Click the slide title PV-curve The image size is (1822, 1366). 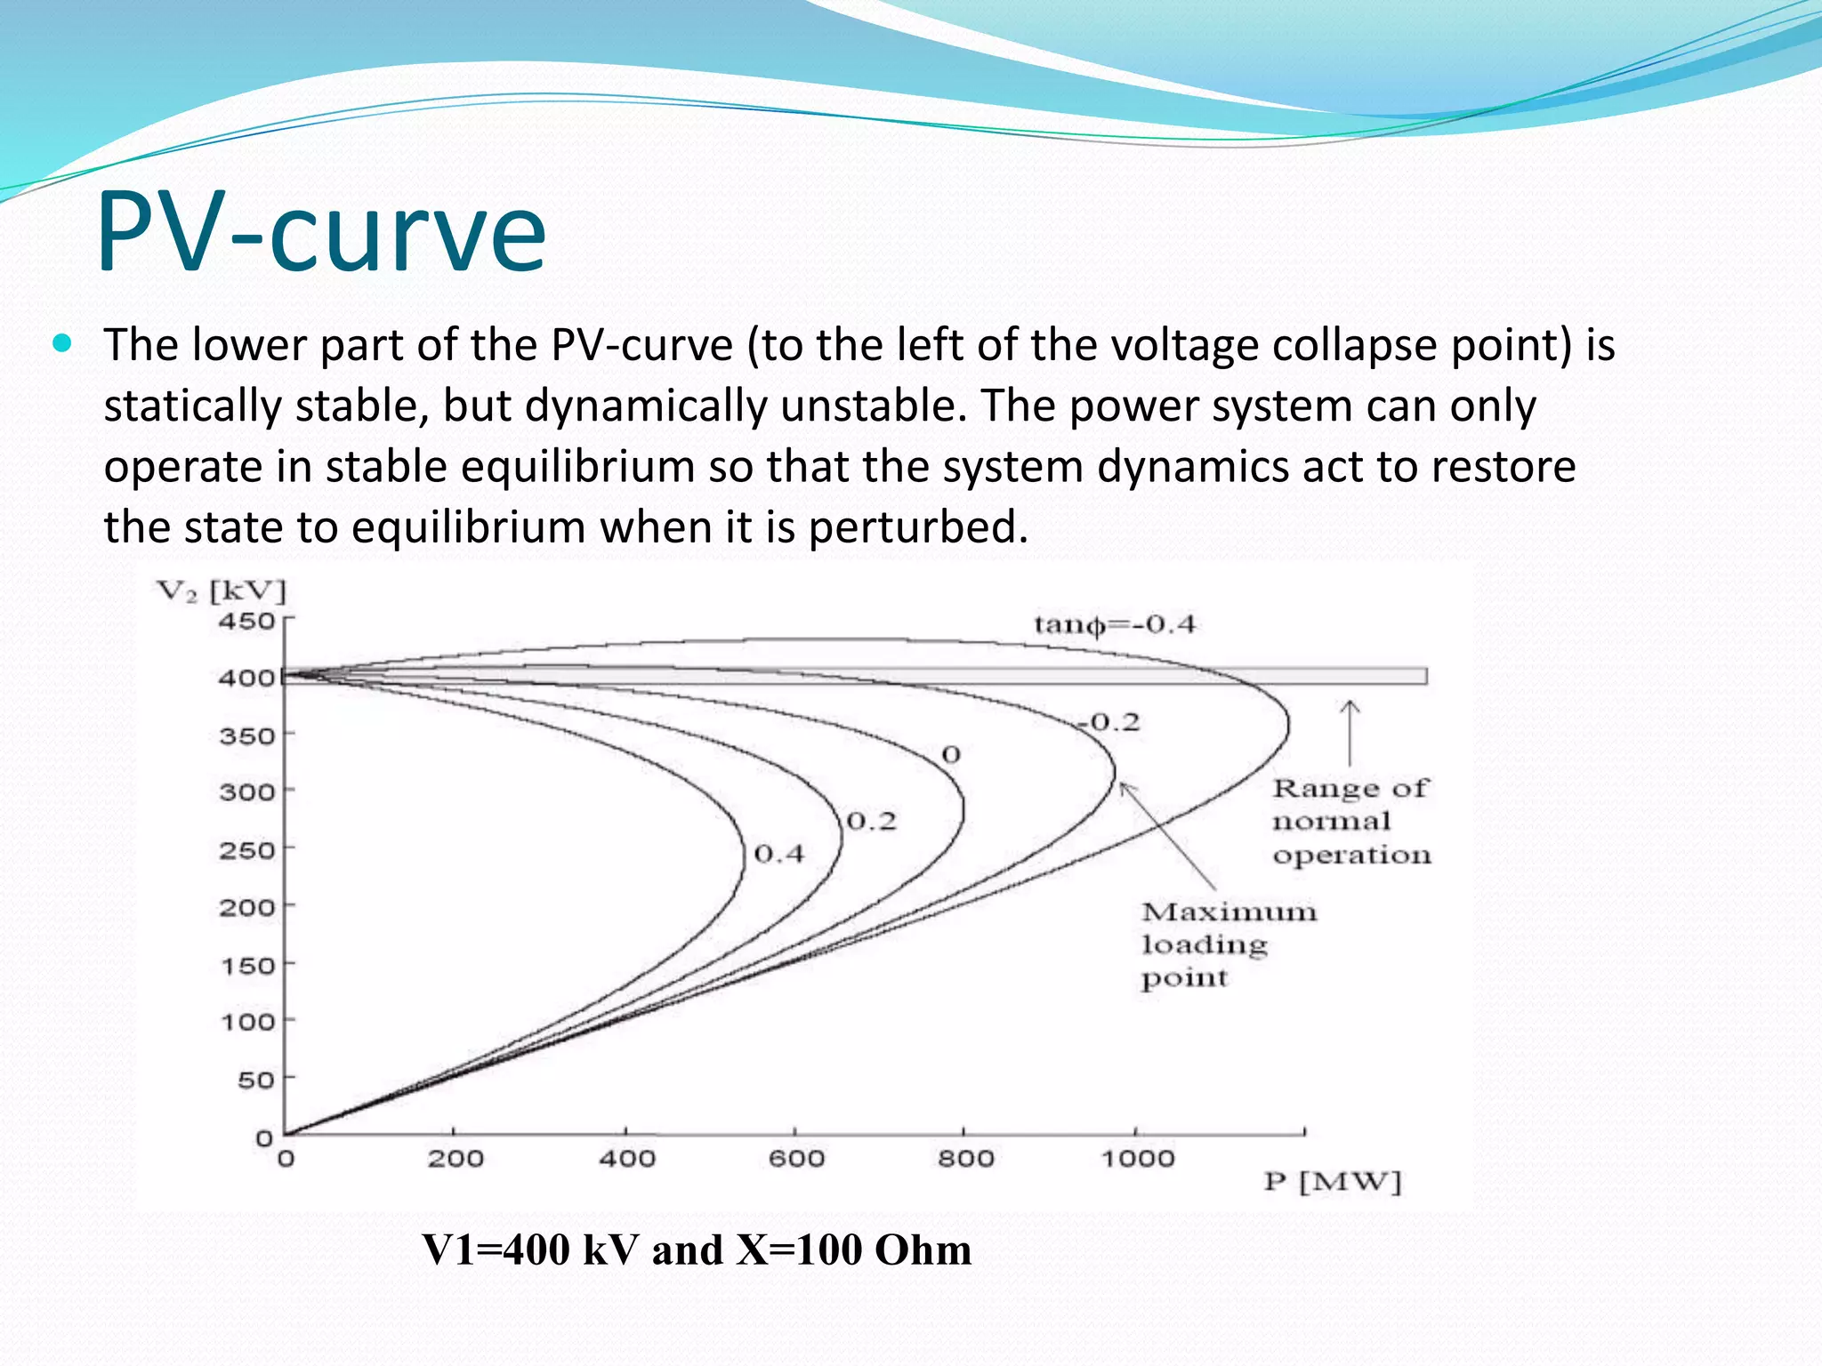tap(321, 233)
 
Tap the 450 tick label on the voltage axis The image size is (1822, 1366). tap(246, 621)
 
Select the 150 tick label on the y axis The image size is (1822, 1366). tap(247, 965)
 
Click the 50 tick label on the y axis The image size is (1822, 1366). tap(255, 1080)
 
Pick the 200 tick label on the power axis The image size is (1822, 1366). tap(455, 1159)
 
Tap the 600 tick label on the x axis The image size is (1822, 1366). tap(796, 1159)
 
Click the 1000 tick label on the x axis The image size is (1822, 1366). tap(1138, 1159)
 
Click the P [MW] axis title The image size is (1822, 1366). tap(1332, 1183)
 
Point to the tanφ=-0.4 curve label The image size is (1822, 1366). tap(1114, 624)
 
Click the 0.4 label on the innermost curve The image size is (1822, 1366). tap(778, 855)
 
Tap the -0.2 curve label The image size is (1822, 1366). tap(1109, 722)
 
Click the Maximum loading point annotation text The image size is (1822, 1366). tap(1228, 944)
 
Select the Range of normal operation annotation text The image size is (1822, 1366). tap(1350, 822)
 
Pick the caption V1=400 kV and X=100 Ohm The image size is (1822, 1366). tap(696, 1249)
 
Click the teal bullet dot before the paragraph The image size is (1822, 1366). tap(61, 343)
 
